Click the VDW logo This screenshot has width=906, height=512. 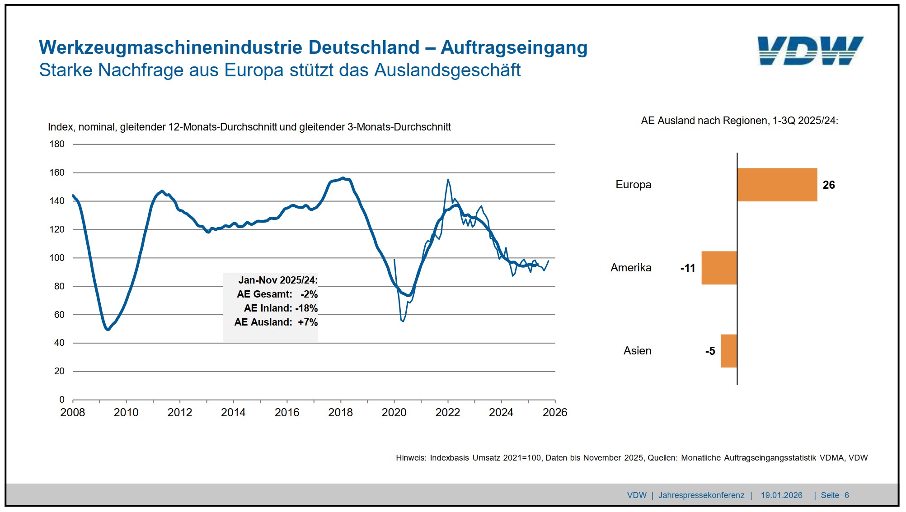(810, 51)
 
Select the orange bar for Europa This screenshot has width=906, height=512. (777, 185)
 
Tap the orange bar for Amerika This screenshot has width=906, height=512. (719, 268)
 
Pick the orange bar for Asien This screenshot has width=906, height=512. (728, 351)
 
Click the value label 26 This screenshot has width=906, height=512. (829, 185)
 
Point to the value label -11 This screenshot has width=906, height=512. (687, 268)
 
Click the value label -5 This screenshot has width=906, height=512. (710, 351)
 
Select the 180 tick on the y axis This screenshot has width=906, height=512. (57, 144)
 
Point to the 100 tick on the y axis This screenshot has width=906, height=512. (57, 258)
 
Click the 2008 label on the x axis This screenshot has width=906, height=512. (72, 412)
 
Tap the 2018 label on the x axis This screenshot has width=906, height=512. (340, 412)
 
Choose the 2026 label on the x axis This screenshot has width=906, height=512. (554, 412)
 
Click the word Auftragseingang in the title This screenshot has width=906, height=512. (514, 47)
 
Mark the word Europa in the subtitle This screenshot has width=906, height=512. (254, 70)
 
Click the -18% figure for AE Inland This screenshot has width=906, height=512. (306, 308)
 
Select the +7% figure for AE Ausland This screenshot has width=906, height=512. (308, 322)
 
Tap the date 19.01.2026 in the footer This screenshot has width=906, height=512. (781, 495)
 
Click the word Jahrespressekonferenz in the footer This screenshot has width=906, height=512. (701, 495)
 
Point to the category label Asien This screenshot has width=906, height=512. (637, 351)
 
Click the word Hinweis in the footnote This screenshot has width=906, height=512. (410, 458)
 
